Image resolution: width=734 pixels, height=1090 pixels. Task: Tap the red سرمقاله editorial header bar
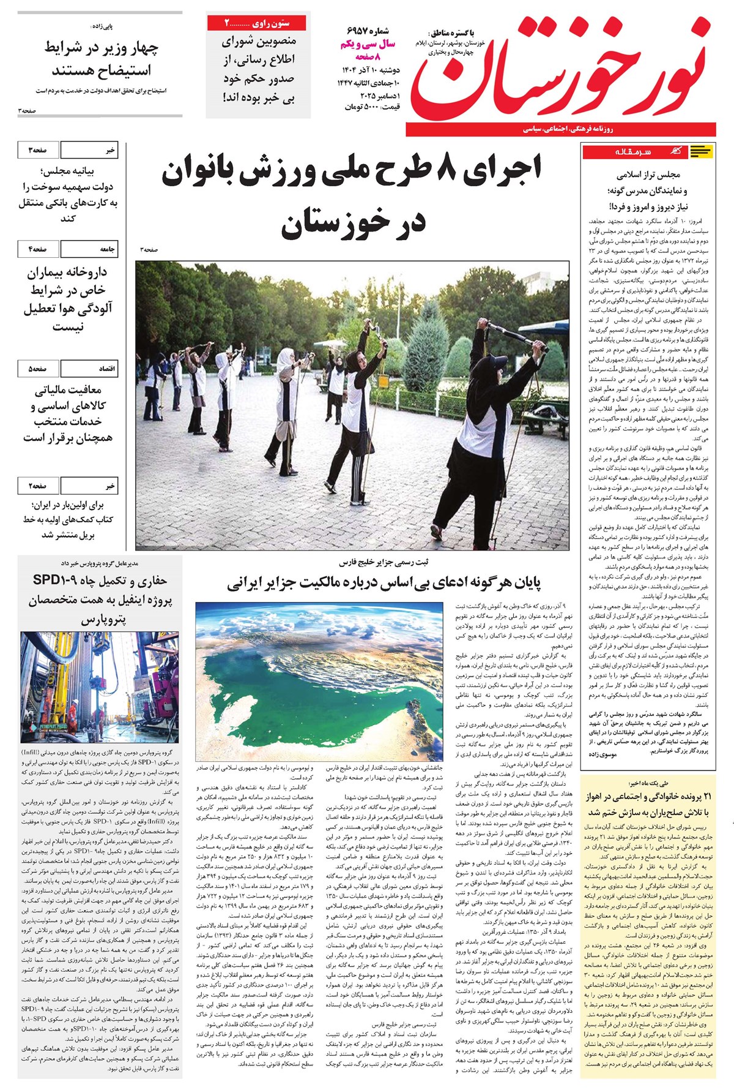tap(648, 151)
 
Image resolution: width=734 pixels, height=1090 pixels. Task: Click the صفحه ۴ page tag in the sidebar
tap(38, 249)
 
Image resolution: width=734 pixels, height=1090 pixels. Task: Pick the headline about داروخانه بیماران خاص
tap(67, 299)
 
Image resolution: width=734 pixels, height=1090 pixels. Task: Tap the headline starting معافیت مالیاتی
tap(67, 413)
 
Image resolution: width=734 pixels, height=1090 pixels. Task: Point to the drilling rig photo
tap(100, 688)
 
